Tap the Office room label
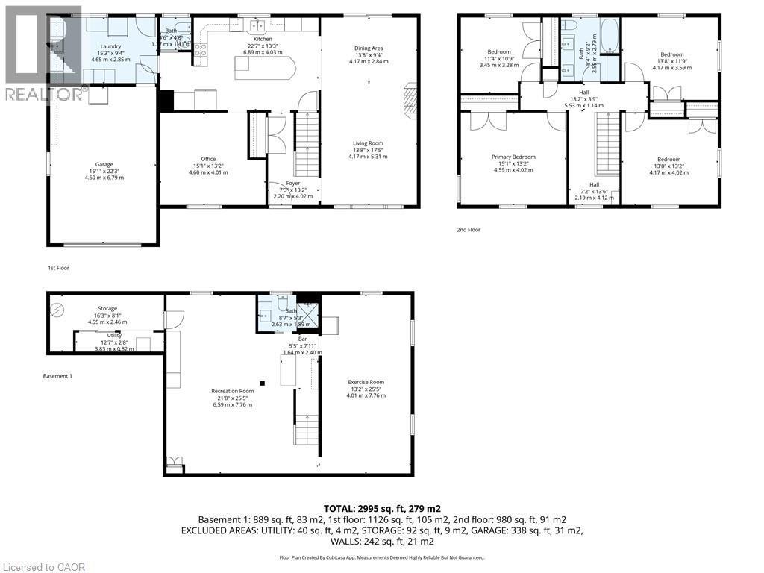point(208,159)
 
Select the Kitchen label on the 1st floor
point(263,39)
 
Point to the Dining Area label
point(369,48)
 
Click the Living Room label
point(368,143)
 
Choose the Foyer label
point(293,184)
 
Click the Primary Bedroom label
point(513,157)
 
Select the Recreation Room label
point(232,391)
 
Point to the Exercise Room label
point(366,382)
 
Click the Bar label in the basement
point(304,339)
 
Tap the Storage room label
point(107,308)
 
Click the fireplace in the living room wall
point(410,98)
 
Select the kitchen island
point(265,68)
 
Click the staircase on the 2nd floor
point(607,143)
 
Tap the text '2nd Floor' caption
point(468,230)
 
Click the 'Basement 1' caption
point(57,375)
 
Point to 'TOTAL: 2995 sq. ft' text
point(381,507)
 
